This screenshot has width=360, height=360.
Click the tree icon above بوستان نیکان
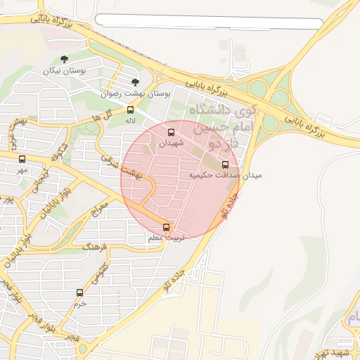[65, 60]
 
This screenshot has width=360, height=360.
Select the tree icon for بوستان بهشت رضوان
[136, 82]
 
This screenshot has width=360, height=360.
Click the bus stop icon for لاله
[130, 110]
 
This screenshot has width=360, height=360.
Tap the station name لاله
[130, 121]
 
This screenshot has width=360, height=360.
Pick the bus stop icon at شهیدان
[171, 132]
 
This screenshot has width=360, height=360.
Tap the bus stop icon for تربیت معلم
[167, 227]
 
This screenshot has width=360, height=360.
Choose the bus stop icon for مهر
[22, 159]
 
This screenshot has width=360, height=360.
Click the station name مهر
[22, 170]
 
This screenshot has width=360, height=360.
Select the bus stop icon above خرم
[79, 292]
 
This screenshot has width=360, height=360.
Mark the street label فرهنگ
[93, 247]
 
